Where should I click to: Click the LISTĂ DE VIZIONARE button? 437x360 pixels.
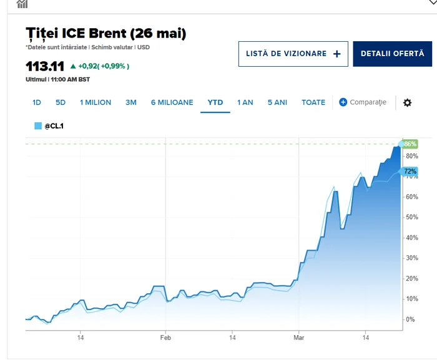pyautogui.click(x=293, y=54)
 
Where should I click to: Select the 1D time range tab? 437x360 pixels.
pyautogui.click(x=37, y=102)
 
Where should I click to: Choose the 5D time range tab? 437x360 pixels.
pyautogui.click(x=61, y=102)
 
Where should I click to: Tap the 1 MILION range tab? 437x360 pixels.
pyautogui.click(x=96, y=102)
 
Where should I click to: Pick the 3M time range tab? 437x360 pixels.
pyautogui.click(x=131, y=102)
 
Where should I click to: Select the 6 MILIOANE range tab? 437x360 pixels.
pyautogui.click(x=172, y=102)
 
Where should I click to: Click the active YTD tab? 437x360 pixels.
pyautogui.click(x=215, y=102)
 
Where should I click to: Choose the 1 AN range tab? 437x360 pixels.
pyautogui.click(x=245, y=102)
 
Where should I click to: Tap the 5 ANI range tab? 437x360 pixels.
pyautogui.click(x=277, y=102)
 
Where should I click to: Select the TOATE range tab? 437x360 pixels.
pyautogui.click(x=313, y=102)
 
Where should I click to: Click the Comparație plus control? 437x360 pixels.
pyautogui.click(x=363, y=102)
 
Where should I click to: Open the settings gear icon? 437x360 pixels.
pyautogui.click(x=407, y=102)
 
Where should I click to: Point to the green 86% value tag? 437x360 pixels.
pyautogui.click(x=410, y=144)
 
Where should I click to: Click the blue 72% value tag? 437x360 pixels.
pyautogui.click(x=410, y=171)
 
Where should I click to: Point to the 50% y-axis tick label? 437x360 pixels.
pyautogui.click(x=411, y=217)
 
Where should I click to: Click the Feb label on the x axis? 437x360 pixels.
pyautogui.click(x=165, y=338)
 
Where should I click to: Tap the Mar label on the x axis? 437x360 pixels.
pyautogui.click(x=298, y=338)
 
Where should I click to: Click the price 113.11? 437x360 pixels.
pyautogui.click(x=44, y=66)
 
